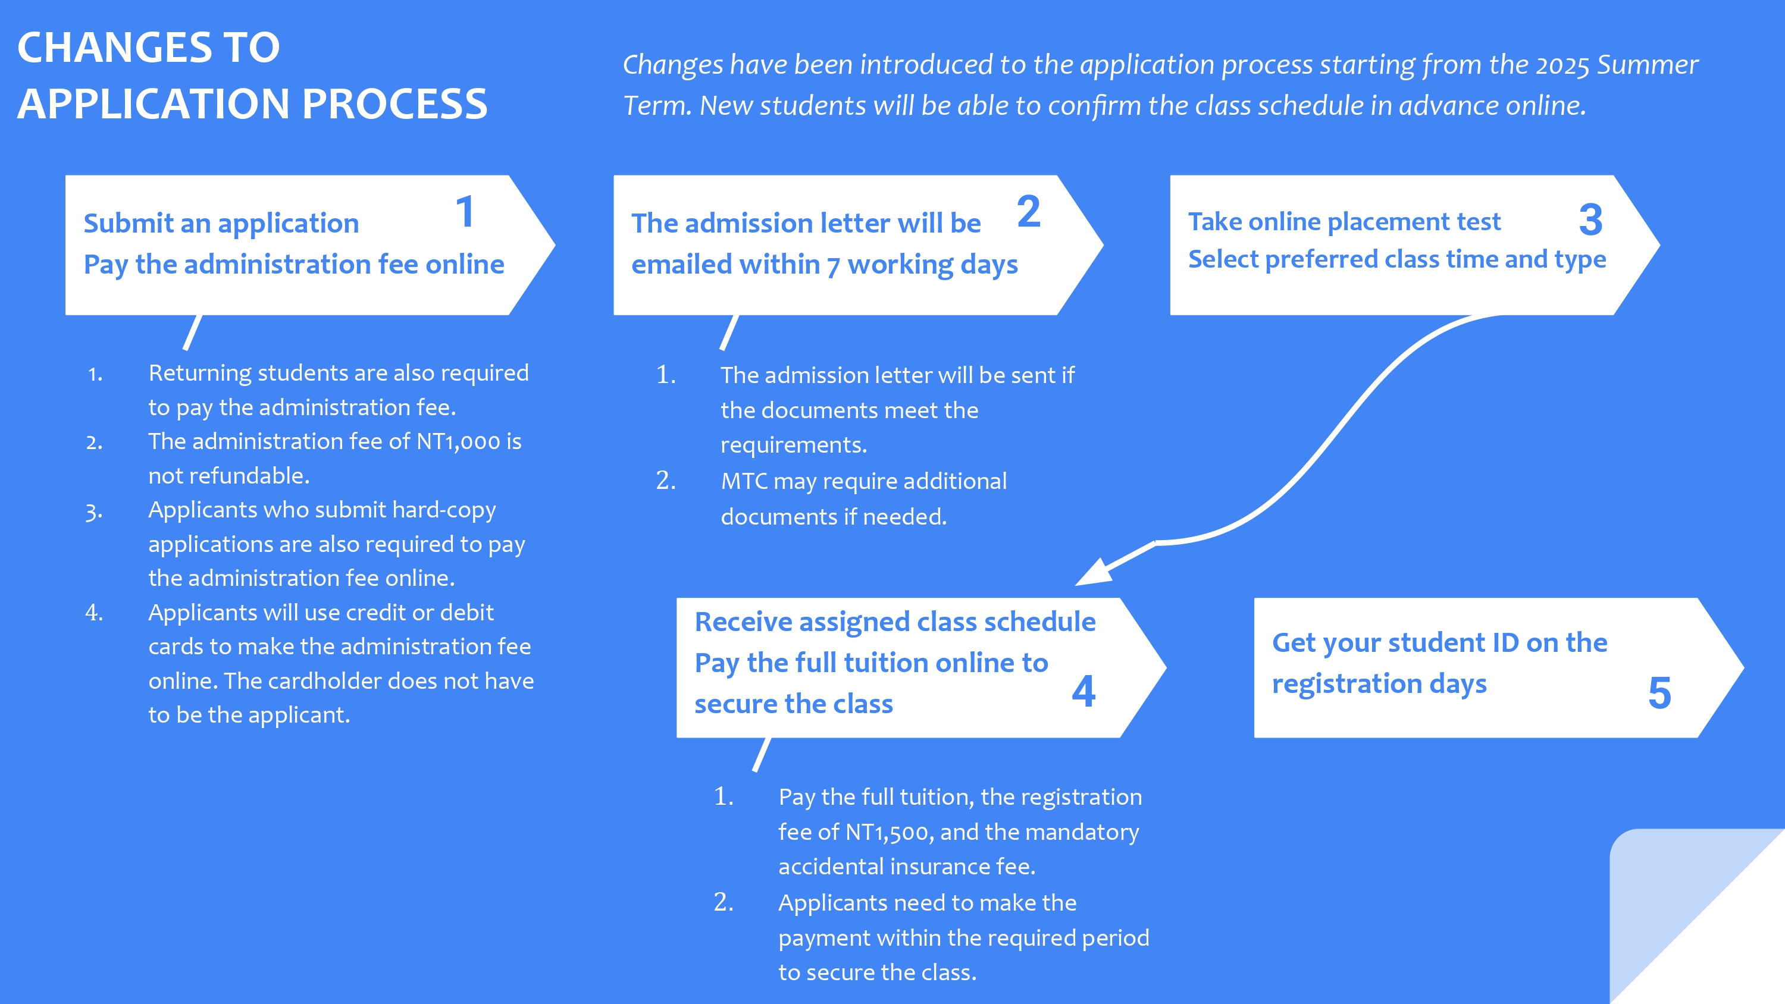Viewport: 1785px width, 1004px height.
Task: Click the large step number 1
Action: pos(465,211)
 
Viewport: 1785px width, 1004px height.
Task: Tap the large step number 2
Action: pos(1029,211)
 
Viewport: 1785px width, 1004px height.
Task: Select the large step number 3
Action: pos(1591,219)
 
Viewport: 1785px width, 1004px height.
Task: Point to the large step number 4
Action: pos(1083,691)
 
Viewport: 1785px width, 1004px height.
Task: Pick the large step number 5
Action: pos(1659,693)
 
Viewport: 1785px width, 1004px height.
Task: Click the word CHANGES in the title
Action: pos(115,47)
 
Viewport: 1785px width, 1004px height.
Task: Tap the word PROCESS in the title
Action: pos(394,104)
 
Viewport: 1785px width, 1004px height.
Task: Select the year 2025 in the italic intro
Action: pos(1562,65)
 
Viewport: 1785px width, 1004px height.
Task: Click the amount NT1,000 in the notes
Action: pos(458,441)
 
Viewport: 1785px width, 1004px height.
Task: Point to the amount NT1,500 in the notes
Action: pos(888,832)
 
